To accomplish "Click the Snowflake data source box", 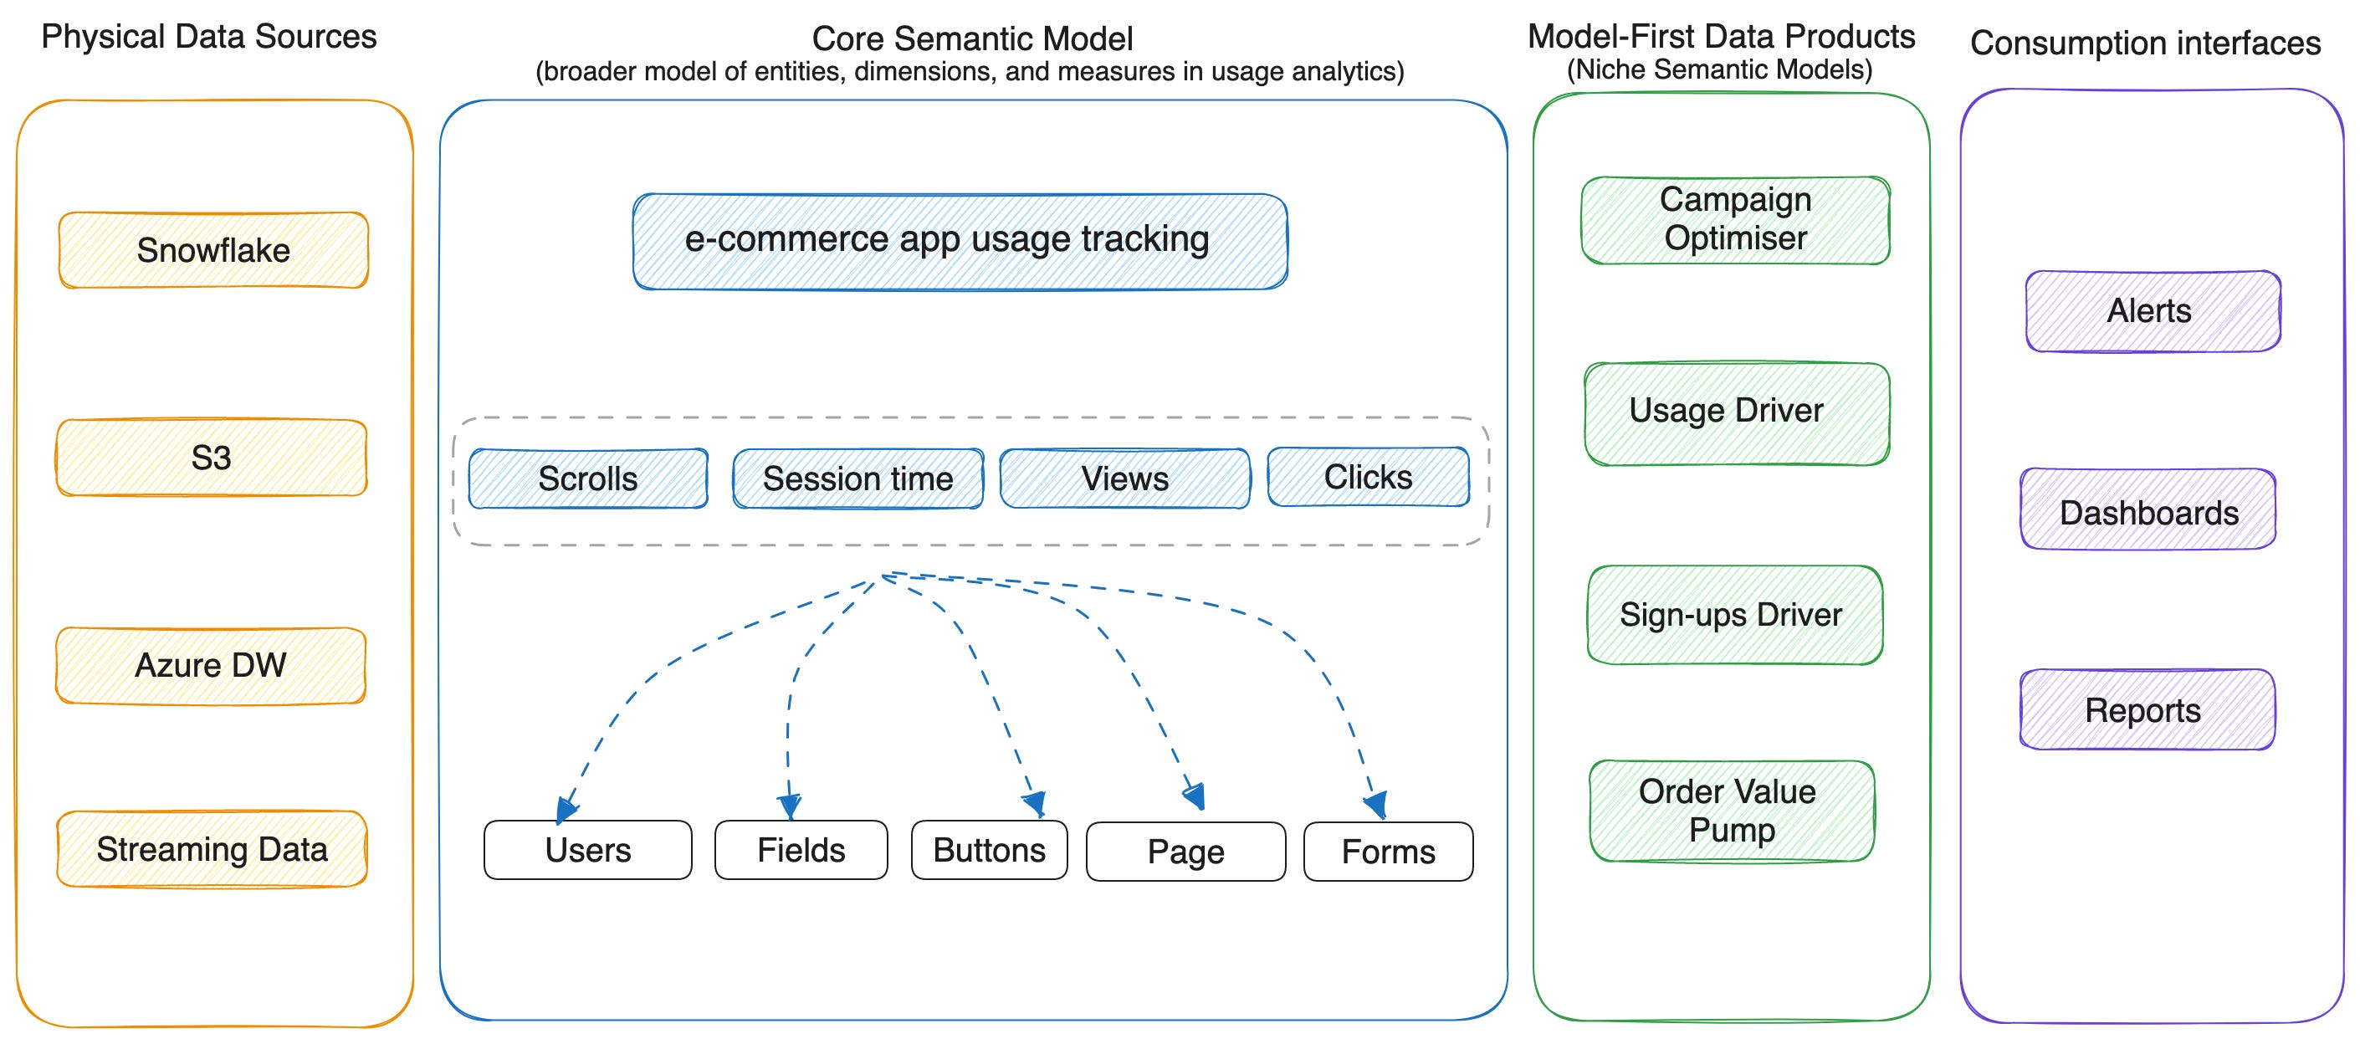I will tap(213, 250).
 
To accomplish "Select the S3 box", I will tap(212, 458).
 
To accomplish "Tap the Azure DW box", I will tap(211, 666).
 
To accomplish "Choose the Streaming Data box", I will tap(212, 849).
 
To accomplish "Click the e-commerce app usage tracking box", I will tap(960, 241).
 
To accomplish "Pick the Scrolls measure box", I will tap(587, 478).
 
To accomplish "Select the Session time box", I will tap(857, 478).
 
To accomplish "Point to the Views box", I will tap(1124, 478).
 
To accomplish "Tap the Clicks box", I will tap(1368, 476).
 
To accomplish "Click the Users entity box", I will tap(587, 850).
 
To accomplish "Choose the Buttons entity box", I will tap(989, 850).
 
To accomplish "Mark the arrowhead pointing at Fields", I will tap(790, 805).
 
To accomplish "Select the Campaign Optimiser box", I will tap(1734, 220).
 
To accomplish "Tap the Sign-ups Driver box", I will tap(1733, 615).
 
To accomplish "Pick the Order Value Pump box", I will tap(1731, 811).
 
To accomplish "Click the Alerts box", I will tap(2152, 310).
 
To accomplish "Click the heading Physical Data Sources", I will tap(209, 37).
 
